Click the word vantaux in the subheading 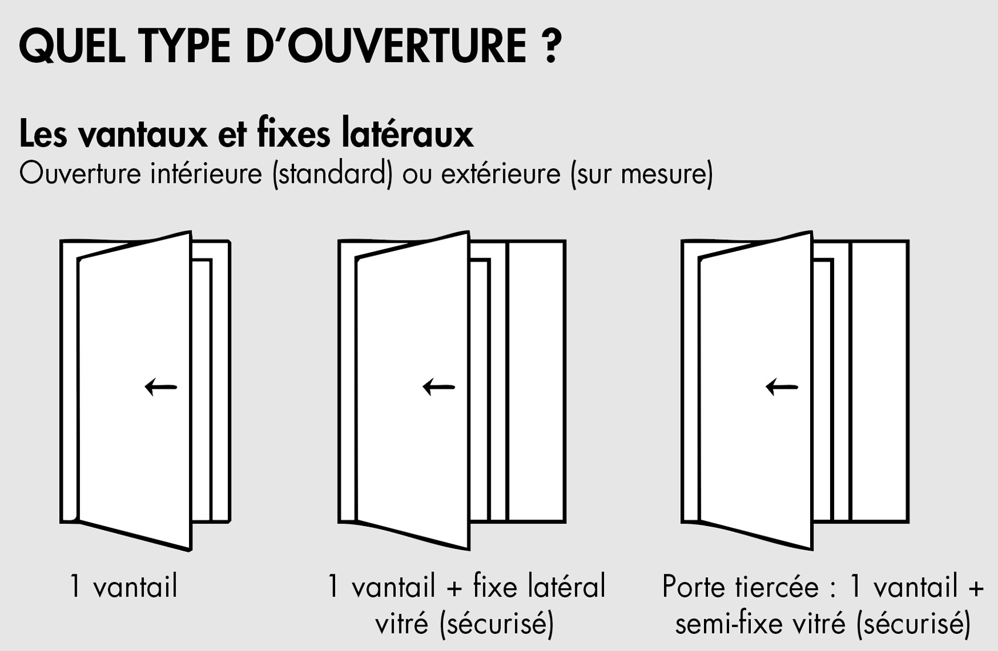point(143,134)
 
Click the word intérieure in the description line point(206,174)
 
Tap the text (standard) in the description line point(332,174)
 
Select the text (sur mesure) point(642,174)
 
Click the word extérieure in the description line point(501,174)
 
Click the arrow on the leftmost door point(161,387)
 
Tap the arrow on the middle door point(439,387)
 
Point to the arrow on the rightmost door point(782,387)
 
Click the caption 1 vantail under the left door point(124,586)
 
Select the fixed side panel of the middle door point(536,381)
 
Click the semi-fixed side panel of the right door point(879,381)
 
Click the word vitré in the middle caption point(402,623)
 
